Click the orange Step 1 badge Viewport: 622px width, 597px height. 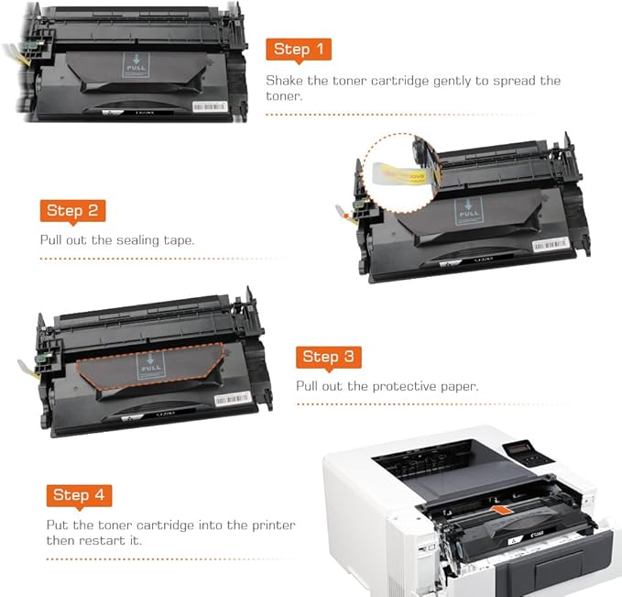[299, 50]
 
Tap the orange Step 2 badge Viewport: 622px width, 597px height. [72, 210]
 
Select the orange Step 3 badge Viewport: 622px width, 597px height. [328, 357]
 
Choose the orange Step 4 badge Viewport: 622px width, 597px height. [80, 495]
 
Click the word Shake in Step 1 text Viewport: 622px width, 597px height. [286, 81]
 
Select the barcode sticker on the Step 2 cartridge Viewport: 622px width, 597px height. [551, 246]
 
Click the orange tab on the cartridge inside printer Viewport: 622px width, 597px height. [499, 509]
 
